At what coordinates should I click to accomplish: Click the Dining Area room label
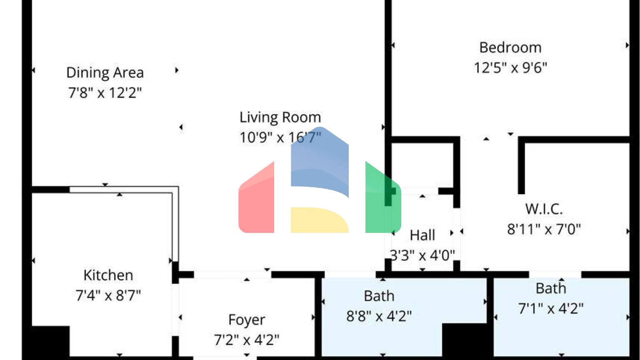coord(105,72)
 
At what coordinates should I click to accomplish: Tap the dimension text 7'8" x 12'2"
coord(105,92)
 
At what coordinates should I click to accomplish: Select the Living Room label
coord(280,117)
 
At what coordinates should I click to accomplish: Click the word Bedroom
coord(510,47)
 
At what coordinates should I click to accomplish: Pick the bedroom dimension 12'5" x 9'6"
coord(510,67)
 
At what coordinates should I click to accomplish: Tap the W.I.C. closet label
coord(544,209)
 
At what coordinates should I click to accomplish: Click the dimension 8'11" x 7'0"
coord(544,229)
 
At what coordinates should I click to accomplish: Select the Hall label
coord(422,235)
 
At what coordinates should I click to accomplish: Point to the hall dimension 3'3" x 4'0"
coord(422,255)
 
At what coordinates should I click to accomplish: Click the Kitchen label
coord(108,275)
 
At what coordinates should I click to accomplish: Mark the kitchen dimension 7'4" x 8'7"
coord(108,296)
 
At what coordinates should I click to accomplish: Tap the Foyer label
coord(247,320)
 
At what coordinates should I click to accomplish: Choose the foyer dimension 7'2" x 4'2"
coord(247,340)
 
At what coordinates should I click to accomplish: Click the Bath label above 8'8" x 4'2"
coord(379,296)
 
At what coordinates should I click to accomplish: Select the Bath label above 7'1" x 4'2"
coord(551,288)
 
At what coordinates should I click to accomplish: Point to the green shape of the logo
coord(381,200)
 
